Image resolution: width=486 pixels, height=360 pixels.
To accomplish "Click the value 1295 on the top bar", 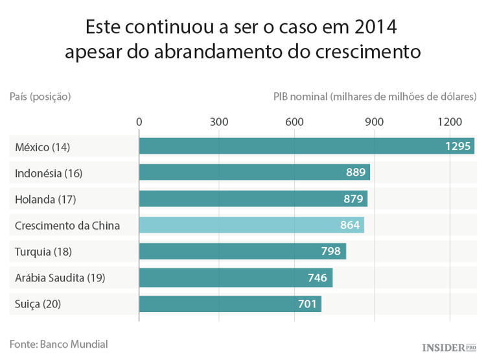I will [457, 147].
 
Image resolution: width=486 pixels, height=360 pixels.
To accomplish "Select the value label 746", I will [318, 278].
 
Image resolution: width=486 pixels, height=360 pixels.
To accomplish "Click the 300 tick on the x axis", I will [219, 122].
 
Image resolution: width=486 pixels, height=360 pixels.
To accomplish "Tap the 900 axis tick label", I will [374, 122].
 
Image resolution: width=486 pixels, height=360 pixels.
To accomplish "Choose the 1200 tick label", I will [450, 122].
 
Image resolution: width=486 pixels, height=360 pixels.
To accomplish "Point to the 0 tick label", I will [139, 122].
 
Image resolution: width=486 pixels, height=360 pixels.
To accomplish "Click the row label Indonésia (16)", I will [49, 173].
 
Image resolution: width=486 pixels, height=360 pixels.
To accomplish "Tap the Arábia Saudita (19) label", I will [60, 278].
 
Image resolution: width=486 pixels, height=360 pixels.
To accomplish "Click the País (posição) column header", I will [40, 97].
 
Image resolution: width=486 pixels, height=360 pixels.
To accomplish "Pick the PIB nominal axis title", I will [375, 97].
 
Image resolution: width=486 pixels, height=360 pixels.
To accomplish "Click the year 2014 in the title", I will [375, 28].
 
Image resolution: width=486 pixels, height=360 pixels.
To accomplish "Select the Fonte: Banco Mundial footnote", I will [58, 344].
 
